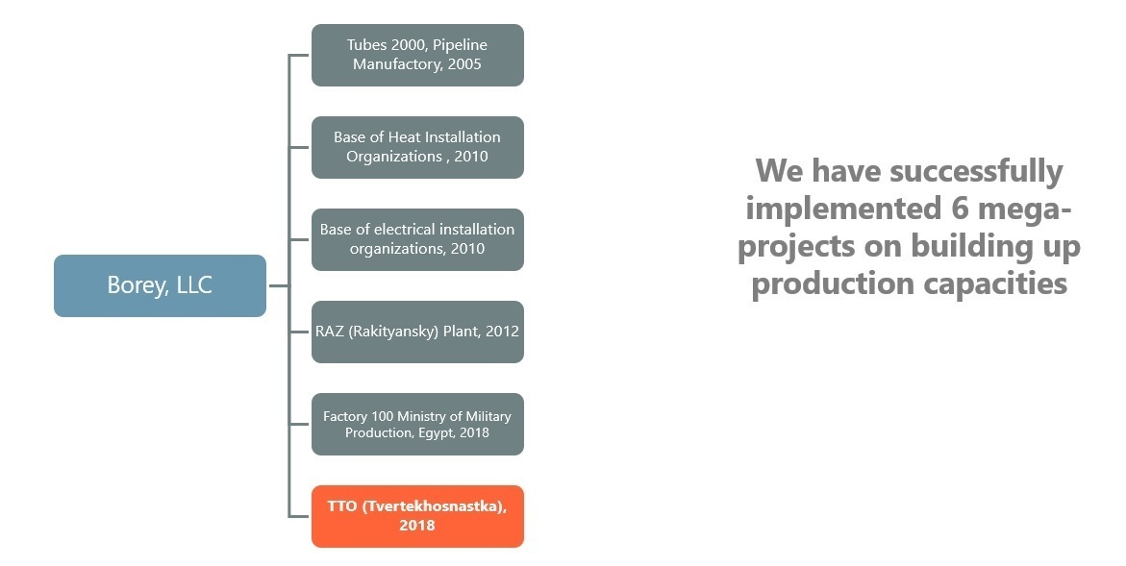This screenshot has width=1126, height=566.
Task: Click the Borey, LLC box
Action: click(161, 285)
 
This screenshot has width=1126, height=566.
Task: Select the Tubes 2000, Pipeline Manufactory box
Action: click(417, 55)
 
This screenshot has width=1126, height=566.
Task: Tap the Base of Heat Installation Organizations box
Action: click(417, 147)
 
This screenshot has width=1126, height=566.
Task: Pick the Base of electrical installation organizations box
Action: click(417, 239)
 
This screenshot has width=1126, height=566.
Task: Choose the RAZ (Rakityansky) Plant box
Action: click(417, 332)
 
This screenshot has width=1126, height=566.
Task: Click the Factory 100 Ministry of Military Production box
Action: click(417, 424)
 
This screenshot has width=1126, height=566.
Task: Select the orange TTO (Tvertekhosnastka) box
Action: click(417, 516)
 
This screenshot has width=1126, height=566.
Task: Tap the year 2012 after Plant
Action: click(502, 332)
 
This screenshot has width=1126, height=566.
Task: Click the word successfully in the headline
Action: click(976, 172)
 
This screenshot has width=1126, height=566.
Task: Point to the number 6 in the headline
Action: click(954, 209)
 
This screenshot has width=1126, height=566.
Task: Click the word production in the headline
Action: click(833, 283)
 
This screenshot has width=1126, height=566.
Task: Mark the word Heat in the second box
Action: click(404, 137)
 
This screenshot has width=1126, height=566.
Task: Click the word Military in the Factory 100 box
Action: click(488, 417)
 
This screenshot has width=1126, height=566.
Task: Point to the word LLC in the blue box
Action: click(194, 285)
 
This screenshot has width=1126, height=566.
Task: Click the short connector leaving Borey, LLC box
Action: click(279, 285)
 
